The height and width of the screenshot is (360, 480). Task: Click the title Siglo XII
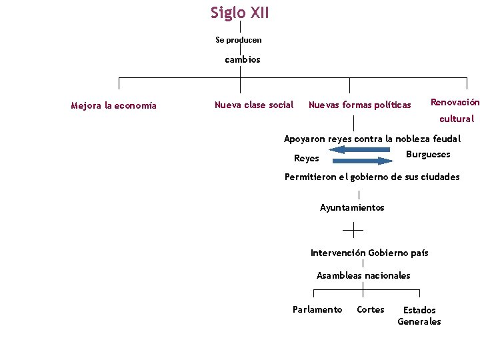coord(240,13)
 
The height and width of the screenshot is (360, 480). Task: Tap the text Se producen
coord(239,40)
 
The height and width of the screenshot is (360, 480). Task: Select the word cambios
coord(243,59)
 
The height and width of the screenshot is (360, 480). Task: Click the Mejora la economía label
coord(114,105)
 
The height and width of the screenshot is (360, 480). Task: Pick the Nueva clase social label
coord(254,105)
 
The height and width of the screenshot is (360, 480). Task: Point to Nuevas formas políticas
coord(360,105)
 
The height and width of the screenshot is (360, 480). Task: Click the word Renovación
coord(455,102)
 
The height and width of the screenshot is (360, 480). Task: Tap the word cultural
coord(457,119)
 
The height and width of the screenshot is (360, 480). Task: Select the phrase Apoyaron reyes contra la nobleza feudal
coord(372,139)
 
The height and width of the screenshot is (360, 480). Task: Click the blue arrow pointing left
coord(360,149)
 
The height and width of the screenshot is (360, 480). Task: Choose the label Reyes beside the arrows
coord(307,159)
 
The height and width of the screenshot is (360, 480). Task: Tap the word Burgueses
coord(428,155)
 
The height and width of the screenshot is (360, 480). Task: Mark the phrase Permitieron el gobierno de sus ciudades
coord(372,177)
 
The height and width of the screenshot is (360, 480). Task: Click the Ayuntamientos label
coord(352,207)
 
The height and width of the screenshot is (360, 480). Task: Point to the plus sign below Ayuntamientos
coord(353,230)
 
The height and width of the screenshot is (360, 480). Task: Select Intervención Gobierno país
coord(369,253)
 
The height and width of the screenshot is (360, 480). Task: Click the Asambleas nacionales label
coord(363,275)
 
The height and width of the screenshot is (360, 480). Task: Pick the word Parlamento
coord(317,309)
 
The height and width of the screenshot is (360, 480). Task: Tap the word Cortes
coord(371,309)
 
